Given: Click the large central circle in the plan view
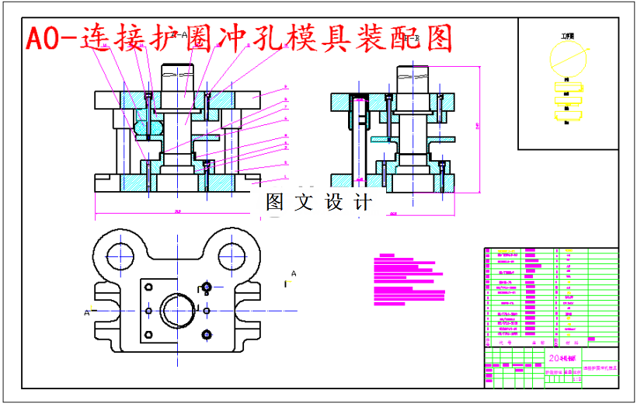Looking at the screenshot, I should coord(178,310).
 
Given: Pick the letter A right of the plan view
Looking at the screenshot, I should coord(294,273).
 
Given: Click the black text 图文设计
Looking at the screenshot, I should coord(319,203).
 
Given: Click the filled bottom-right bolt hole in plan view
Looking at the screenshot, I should coord(207,335).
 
